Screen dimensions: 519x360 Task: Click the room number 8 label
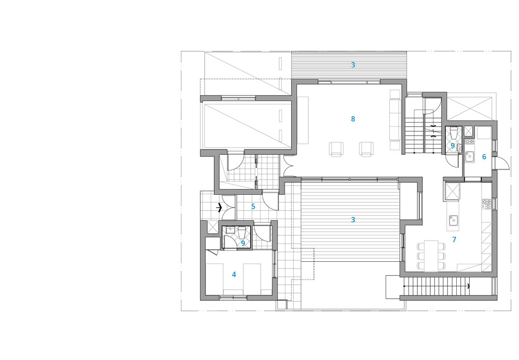pyautogui.click(x=353, y=119)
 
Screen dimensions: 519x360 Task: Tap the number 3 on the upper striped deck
pyautogui.click(x=353, y=65)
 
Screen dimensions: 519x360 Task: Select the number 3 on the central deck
pyautogui.click(x=353, y=220)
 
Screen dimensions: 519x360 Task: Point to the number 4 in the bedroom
pyautogui.click(x=234, y=275)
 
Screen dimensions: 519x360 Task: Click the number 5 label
pyautogui.click(x=253, y=207)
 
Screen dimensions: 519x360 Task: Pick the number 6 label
pyautogui.click(x=484, y=157)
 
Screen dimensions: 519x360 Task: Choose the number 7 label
pyautogui.click(x=454, y=239)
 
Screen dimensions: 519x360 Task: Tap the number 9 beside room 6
pyautogui.click(x=453, y=145)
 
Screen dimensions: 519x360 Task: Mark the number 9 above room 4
pyautogui.click(x=243, y=244)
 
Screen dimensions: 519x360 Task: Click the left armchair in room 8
pyautogui.click(x=336, y=149)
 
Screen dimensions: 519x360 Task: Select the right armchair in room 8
pyautogui.click(x=366, y=149)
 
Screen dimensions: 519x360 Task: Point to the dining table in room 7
pyautogui.click(x=431, y=256)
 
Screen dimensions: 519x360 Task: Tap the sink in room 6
pyautogui.click(x=469, y=156)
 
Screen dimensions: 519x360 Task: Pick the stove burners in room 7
pyautogui.click(x=487, y=204)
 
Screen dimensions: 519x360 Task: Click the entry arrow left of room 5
pyautogui.click(x=219, y=208)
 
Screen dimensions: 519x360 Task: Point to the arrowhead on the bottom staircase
pyautogui.click(x=468, y=286)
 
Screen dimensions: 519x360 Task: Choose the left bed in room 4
pyautogui.click(x=214, y=278)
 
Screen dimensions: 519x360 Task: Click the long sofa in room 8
pyautogui.click(x=395, y=120)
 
